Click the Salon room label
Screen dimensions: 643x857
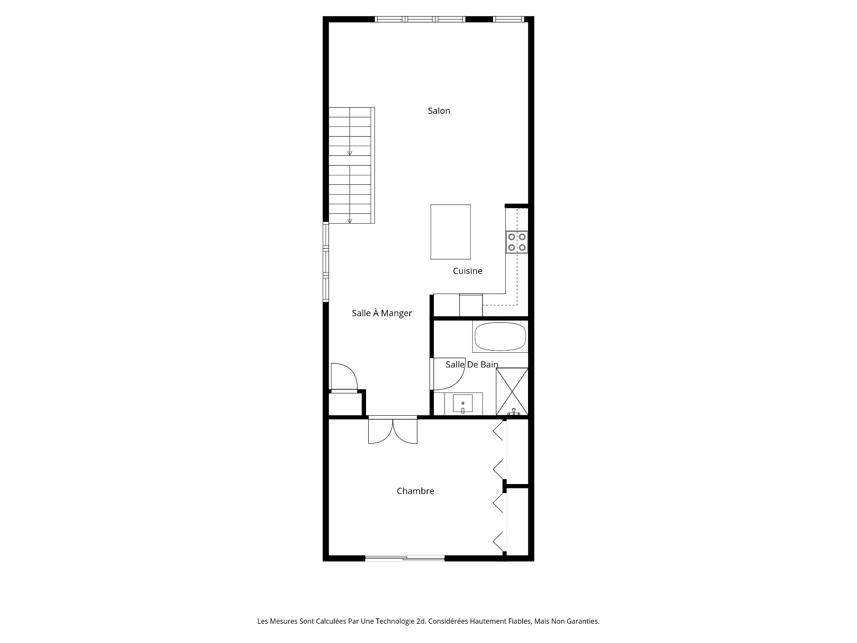pyautogui.click(x=439, y=111)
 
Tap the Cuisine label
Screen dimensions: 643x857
pyautogui.click(x=467, y=271)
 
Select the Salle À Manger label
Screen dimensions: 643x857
pyautogui.click(x=382, y=313)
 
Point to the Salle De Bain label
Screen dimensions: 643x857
pyautogui.click(x=472, y=364)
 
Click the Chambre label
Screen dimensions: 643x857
pyautogui.click(x=415, y=491)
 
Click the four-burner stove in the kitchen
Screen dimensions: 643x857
pyautogui.click(x=516, y=242)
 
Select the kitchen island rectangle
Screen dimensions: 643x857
pyautogui.click(x=450, y=232)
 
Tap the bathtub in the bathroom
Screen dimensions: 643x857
pyautogui.click(x=500, y=337)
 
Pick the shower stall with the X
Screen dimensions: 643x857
pyautogui.click(x=512, y=391)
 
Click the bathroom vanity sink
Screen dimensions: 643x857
pyautogui.click(x=462, y=404)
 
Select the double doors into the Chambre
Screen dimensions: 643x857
pyautogui.click(x=392, y=430)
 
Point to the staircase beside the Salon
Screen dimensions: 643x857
pyautogui.click(x=350, y=165)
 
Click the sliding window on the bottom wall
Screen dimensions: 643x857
pyautogui.click(x=405, y=558)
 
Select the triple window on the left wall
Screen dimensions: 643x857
pyautogui.click(x=326, y=262)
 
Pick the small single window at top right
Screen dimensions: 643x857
pyautogui.click(x=508, y=19)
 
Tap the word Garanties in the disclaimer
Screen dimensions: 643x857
pyautogui.click(x=582, y=621)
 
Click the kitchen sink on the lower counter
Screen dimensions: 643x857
pyautogui.click(x=471, y=305)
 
